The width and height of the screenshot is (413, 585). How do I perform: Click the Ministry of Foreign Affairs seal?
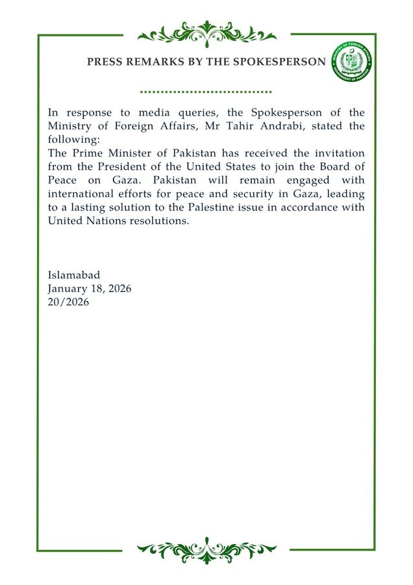pyautogui.click(x=351, y=62)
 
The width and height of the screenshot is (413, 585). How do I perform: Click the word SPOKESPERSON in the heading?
pyautogui.click(x=284, y=62)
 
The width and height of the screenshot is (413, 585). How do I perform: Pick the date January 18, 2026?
pyautogui.click(x=90, y=289)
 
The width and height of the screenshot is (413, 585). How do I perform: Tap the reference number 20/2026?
pyautogui.click(x=69, y=302)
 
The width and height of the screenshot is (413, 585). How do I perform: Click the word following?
pyautogui.click(x=71, y=138)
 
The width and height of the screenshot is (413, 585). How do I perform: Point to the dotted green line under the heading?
pyautogui.click(x=206, y=92)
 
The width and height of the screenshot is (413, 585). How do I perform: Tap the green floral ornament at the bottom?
pyautogui.click(x=206, y=551)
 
